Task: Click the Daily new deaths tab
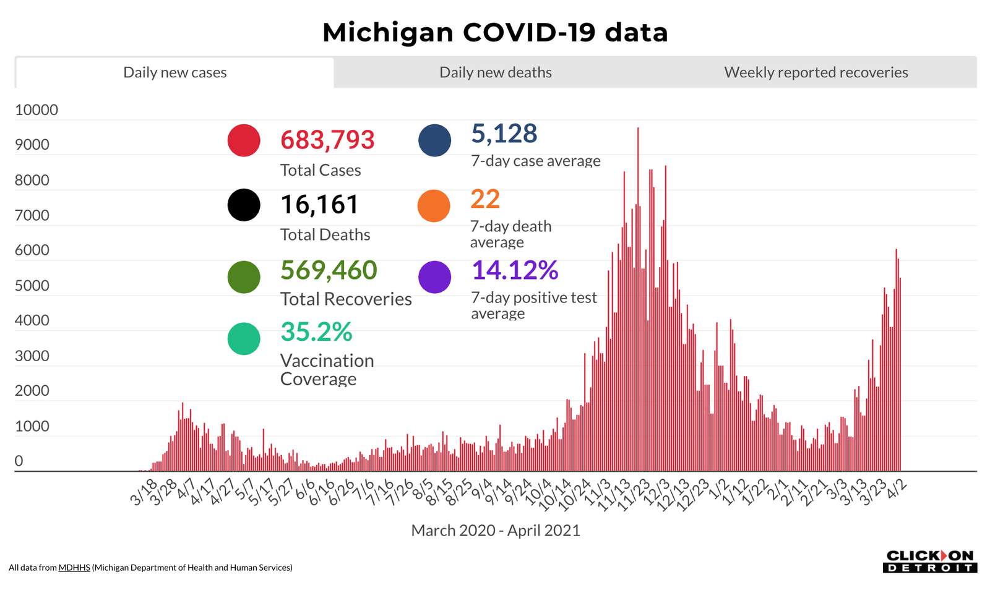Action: click(x=495, y=72)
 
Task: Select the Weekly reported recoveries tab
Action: click(x=816, y=72)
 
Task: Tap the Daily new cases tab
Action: click(x=174, y=72)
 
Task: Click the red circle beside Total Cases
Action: click(x=244, y=140)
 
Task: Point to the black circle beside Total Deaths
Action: click(x=244, y=205)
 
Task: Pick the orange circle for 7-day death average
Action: click(x=434, y=205)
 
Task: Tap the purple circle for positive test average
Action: click(x=434, y=276)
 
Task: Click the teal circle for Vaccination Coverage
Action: click(x=244, y=338)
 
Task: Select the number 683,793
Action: click(x=327, y=140)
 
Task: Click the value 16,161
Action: click(x=319, y=205)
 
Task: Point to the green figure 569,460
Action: click(x=329, y=270)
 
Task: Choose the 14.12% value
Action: click(x=515, y=270)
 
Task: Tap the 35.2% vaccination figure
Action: click(x=316, y=332)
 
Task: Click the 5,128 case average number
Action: click(x=504, y=134)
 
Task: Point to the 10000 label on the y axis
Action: click(x=37, y=110)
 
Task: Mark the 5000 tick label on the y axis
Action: click(x=32, y=286)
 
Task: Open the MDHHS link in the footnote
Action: click(x=74, y=568)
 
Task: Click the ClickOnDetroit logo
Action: click(x=929, y=561)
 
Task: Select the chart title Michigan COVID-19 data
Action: click(x=495, y=32)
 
